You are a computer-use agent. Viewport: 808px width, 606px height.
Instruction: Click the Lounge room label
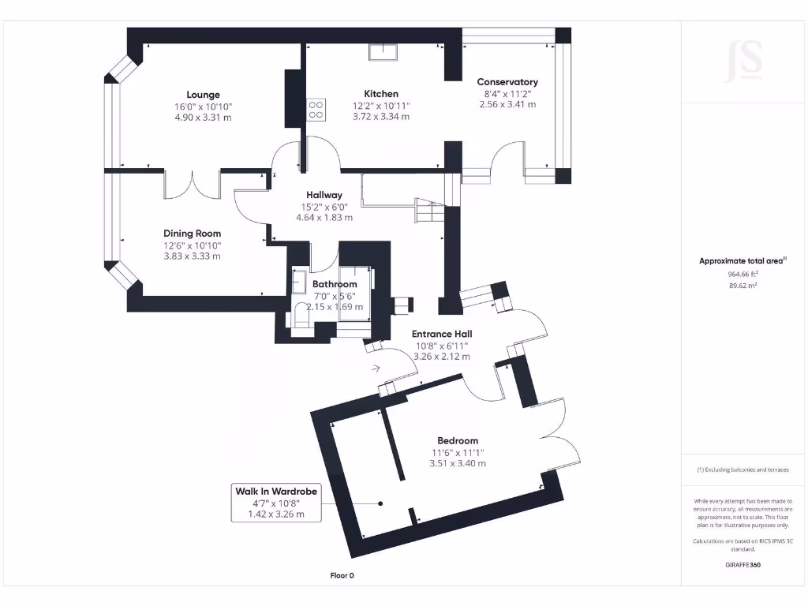tap(204, 95)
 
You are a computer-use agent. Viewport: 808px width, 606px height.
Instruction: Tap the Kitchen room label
tap(380, 93)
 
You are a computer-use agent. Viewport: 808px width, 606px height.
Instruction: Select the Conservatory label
tap(507, 81)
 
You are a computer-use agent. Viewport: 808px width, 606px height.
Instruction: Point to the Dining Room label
tap(192, 233)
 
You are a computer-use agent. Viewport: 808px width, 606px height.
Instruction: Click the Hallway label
tap(324, 195)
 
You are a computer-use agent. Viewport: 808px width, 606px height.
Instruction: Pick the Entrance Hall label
tap(442, 334)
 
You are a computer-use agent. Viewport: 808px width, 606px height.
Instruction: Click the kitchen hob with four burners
tap(316, 109)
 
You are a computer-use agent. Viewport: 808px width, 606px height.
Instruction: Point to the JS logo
tap(743, 60)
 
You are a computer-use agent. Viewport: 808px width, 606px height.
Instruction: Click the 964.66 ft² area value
tap(742, 274)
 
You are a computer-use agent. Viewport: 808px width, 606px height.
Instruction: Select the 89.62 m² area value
tap(742, 286)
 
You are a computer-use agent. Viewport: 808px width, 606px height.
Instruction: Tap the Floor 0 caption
tap(342, 575)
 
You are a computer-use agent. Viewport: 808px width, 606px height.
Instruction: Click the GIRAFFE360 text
tap(743, 565)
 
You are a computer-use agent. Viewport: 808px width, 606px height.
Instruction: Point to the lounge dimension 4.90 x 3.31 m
tap(204, 117)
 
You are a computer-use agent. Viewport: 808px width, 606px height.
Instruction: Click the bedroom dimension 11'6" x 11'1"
tap(458, 452)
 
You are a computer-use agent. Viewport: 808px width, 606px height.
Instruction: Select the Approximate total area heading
tap(742, 260)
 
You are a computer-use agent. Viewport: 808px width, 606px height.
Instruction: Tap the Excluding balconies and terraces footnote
tap(742, 469)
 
